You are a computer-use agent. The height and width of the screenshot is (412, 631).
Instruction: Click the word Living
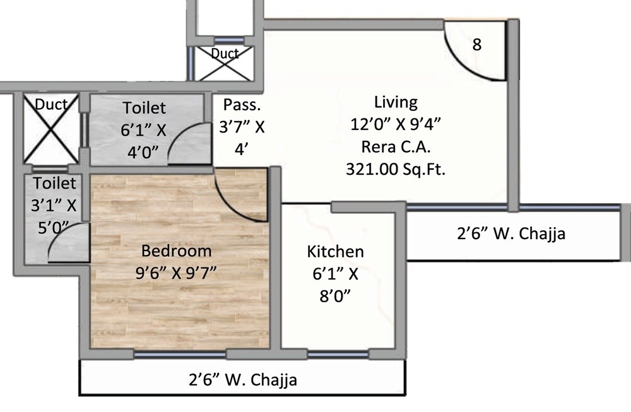[396, 102]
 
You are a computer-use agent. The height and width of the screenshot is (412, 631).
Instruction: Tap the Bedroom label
[176, 251]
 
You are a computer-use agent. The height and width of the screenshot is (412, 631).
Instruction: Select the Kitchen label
[335, 252]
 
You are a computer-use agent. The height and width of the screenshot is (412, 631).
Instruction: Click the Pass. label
[242, 105]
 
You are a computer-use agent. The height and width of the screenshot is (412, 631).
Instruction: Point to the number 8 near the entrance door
[477, 45]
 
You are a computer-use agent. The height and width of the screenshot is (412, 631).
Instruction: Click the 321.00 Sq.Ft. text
[396, 169]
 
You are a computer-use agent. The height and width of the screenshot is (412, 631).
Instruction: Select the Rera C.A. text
[396, 146]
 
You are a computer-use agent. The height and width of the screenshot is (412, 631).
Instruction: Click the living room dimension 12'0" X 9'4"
[396, 124]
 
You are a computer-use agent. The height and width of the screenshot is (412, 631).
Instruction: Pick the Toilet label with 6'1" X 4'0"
[144, 107]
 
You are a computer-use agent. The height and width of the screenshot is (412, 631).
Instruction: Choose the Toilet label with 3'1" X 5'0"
[54, 184]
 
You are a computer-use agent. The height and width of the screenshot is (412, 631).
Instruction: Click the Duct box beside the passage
[224, 62]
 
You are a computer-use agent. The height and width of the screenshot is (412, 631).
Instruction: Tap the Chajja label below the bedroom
[243, 380]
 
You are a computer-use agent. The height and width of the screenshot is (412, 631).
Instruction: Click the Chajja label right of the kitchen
[510, 234]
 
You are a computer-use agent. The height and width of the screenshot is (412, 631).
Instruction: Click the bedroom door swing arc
[240, 199]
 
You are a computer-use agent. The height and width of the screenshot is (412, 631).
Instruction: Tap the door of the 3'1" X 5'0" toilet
[66, 243]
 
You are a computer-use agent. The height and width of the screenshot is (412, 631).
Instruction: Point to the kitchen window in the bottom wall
[338, 355]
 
